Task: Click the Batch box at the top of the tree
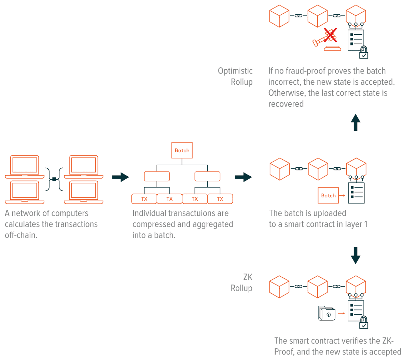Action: coord(182,150)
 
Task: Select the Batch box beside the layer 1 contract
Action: coord(328,195)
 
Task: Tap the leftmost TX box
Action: coord(144,199)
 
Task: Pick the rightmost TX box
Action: coord(220,199)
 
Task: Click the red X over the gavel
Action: coord(330,35)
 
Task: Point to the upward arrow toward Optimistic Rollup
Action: coord(356,122)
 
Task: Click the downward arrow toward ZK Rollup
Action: coord(356,255)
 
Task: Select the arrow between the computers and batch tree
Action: coord(121,177)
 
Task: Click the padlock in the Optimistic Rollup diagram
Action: coord(364,52)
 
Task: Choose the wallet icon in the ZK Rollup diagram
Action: coord(326,313)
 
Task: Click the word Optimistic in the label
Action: coord(235,71)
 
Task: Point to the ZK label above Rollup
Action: coord(248,277)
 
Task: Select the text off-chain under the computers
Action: coord(21,235)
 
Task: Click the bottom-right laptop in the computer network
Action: coord(84,192)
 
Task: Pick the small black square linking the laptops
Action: coord(54,179)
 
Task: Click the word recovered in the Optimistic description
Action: coord(286,104)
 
